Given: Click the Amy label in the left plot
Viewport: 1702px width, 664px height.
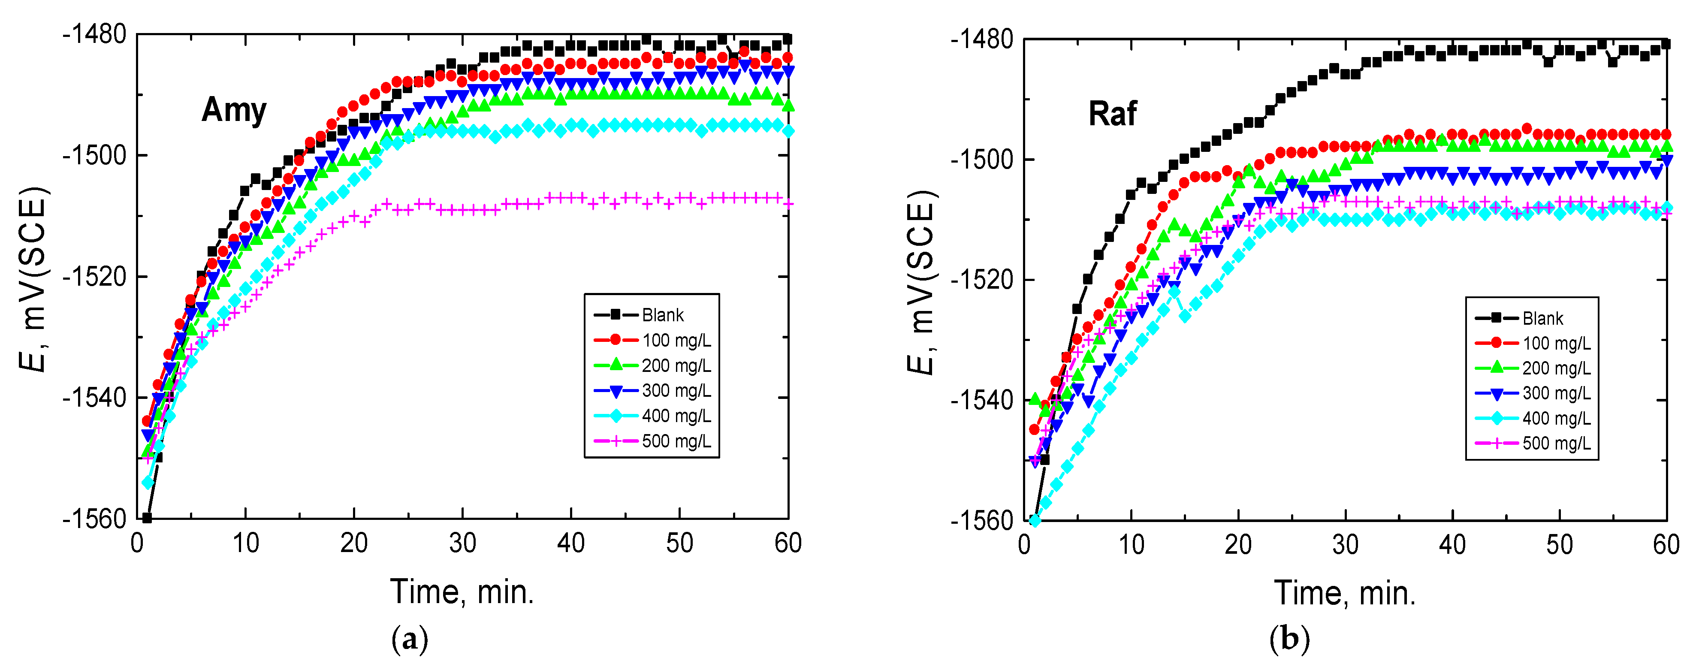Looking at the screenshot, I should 234,110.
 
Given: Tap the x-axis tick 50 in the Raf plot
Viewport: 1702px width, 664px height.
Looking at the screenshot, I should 1559,545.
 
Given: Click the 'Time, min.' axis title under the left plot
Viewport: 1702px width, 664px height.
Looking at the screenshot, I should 462,592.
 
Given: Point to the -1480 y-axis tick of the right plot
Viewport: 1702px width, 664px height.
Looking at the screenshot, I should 981,39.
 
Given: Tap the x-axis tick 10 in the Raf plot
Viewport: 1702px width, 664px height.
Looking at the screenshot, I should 1131,545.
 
